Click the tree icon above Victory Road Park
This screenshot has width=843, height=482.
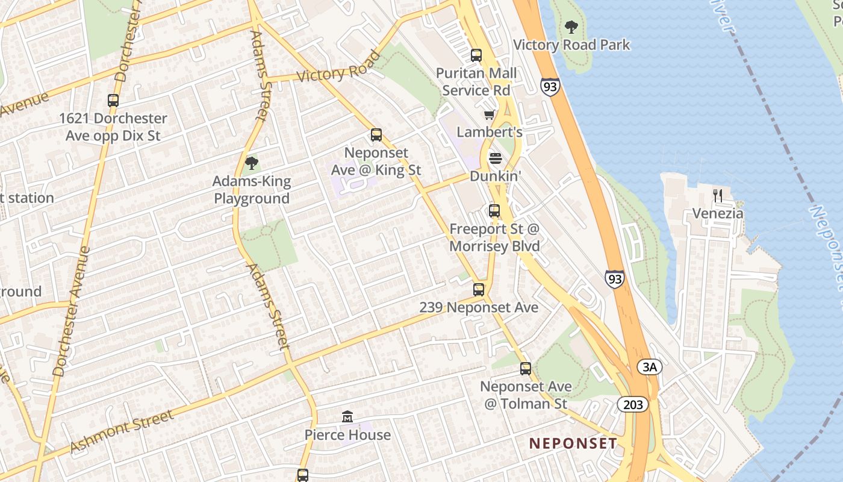571,27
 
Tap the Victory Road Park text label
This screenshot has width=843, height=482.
571,45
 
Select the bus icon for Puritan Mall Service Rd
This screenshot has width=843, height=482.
476,55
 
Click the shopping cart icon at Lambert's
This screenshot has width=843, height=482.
489,114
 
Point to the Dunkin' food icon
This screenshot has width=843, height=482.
495,158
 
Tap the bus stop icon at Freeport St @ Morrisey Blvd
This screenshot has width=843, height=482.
494,211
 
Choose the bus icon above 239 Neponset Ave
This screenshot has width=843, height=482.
479,290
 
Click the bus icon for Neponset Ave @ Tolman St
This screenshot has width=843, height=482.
526,368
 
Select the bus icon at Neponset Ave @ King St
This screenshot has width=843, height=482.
376,135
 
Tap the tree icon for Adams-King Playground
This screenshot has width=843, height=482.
252,163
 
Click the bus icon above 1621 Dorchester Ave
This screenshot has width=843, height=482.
113,101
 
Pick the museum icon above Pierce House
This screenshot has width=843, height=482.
347,416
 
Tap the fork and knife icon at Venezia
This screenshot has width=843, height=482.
717,195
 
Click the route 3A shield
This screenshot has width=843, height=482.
650,367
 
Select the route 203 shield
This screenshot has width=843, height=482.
633,404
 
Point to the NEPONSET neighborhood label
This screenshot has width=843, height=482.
573,443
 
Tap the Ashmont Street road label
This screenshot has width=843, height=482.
122,430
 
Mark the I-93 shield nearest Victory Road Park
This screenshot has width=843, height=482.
550,87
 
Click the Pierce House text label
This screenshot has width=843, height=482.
347,435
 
